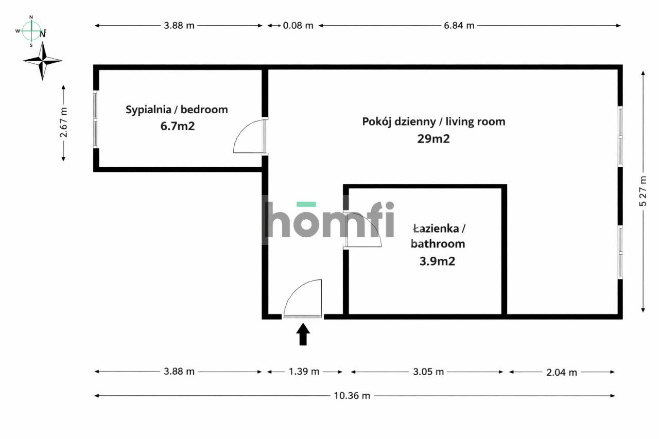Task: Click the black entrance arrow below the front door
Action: (303, 334)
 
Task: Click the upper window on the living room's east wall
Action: (620, 136)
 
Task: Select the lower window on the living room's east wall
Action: (620, 252)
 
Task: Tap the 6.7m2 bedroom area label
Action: (177, 126)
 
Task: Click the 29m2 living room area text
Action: (433, 138)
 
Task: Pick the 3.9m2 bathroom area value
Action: (437, 261)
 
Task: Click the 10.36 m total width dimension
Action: (352, 396)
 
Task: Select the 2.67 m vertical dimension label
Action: (63, 122)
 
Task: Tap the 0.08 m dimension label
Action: (298, 26)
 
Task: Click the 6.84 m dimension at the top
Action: (459, 26)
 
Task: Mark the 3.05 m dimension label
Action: (428, 372)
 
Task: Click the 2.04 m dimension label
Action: (561, 372)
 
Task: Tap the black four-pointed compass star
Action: (43, 61)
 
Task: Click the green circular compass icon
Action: (31, 31)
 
